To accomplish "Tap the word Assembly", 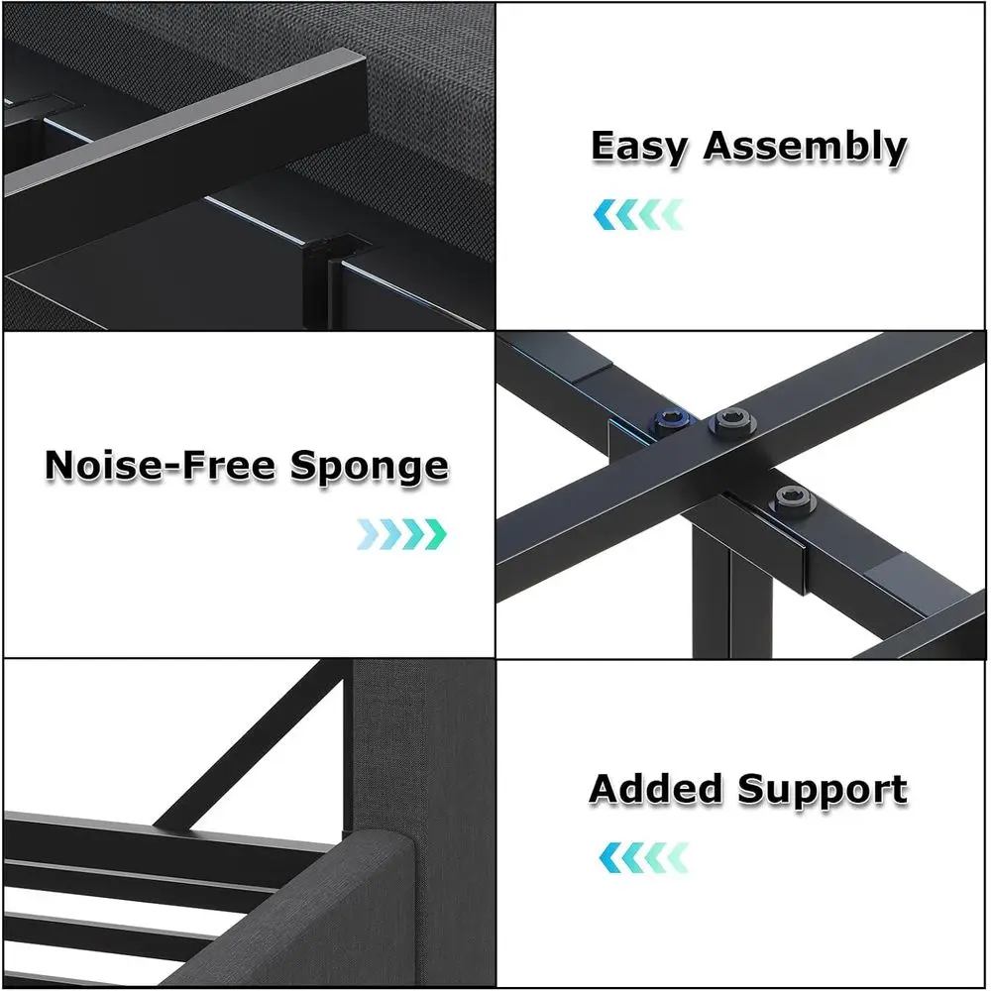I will pos(805,147).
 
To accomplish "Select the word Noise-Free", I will pos(163,466).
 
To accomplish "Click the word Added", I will pos(657,790).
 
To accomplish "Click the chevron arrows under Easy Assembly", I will pos(638,214).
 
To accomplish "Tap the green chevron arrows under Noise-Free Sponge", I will pos(401,534).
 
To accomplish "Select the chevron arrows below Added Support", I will pos(643,856).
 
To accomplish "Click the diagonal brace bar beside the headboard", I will pos(248,743).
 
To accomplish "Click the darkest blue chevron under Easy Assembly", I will pos(604,214).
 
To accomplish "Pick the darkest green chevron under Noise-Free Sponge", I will pos(436,534).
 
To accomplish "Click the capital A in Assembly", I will pos(720,147).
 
